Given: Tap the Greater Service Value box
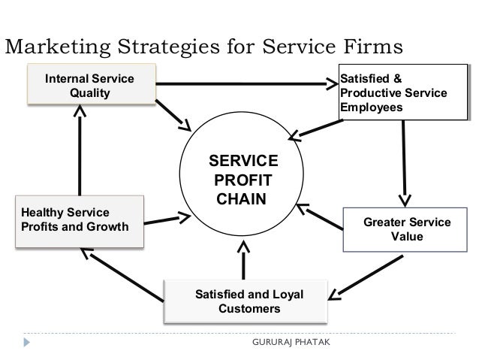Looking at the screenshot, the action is click(x=407, y=229).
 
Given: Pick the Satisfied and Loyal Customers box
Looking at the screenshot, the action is click(x=249, y=301).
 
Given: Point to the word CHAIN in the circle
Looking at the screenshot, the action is click(x=242, y=200).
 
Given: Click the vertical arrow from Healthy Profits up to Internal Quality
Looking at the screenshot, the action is click(x=79, y=150).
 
